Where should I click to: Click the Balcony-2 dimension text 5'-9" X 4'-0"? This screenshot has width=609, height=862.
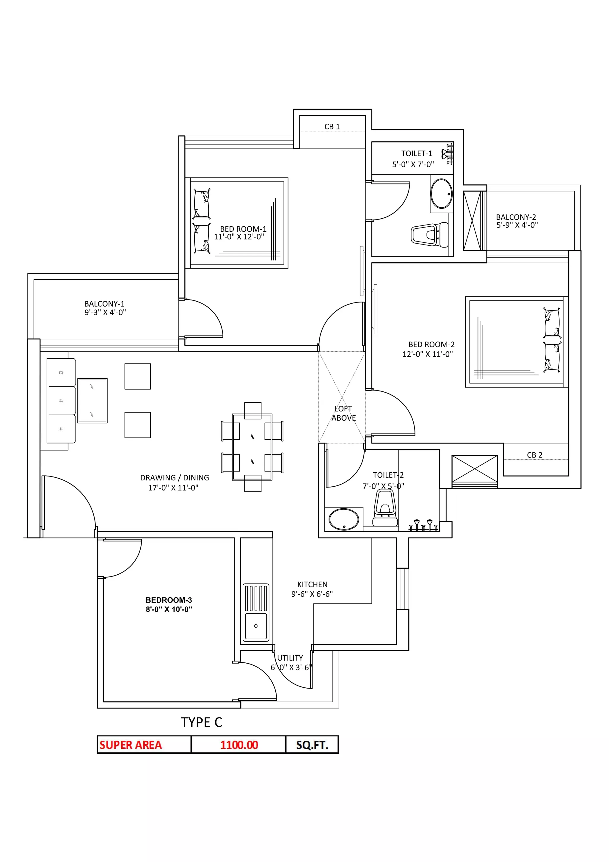517,225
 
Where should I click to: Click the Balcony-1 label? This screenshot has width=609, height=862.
104,304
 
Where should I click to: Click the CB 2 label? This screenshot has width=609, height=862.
534,455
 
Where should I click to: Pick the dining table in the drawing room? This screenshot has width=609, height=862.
252,447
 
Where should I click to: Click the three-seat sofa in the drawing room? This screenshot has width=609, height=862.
61,401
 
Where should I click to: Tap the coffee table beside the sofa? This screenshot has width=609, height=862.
92,401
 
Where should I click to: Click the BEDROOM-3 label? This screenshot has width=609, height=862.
169,600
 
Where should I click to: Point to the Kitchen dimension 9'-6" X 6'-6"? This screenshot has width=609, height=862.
312,594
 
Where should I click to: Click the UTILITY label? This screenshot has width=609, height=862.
290,658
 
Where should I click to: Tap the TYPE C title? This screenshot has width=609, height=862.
202,722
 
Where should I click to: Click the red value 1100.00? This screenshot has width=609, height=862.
239,745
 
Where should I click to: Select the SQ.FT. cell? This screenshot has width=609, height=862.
312,745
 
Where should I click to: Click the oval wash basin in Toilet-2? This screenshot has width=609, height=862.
344,519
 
